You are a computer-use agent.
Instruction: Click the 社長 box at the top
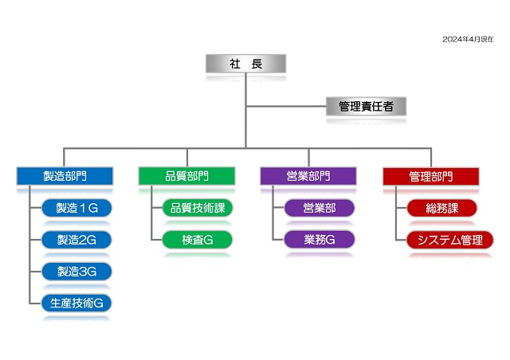245,64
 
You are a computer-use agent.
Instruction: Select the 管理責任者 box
366,106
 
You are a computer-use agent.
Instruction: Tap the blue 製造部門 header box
65,176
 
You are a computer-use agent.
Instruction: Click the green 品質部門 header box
187,176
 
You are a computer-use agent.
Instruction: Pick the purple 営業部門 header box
308,176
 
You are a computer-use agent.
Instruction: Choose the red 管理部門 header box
430,176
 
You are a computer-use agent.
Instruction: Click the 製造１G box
76,208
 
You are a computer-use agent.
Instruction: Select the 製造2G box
76,239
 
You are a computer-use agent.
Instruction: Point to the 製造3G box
76,271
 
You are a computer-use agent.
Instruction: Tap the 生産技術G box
76,303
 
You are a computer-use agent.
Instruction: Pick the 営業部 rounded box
320,208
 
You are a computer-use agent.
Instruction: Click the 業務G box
320,239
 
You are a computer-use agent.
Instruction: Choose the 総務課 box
441,208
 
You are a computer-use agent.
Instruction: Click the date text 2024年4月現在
468,38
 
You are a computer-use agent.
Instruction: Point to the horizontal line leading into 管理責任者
287,106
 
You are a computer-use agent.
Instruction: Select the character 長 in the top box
257,64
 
